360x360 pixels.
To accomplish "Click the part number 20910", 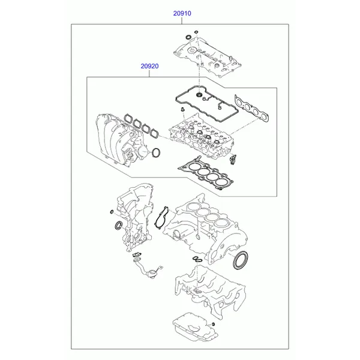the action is point(182,13).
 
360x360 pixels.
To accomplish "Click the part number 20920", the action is point(149,66).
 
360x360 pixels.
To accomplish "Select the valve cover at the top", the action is point(207,55).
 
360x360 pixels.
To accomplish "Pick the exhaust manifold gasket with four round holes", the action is point(251,107).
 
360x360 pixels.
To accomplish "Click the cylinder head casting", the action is point(202,136).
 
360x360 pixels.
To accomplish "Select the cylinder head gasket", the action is point(206,173).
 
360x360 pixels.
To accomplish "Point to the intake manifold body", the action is point(119,139).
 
